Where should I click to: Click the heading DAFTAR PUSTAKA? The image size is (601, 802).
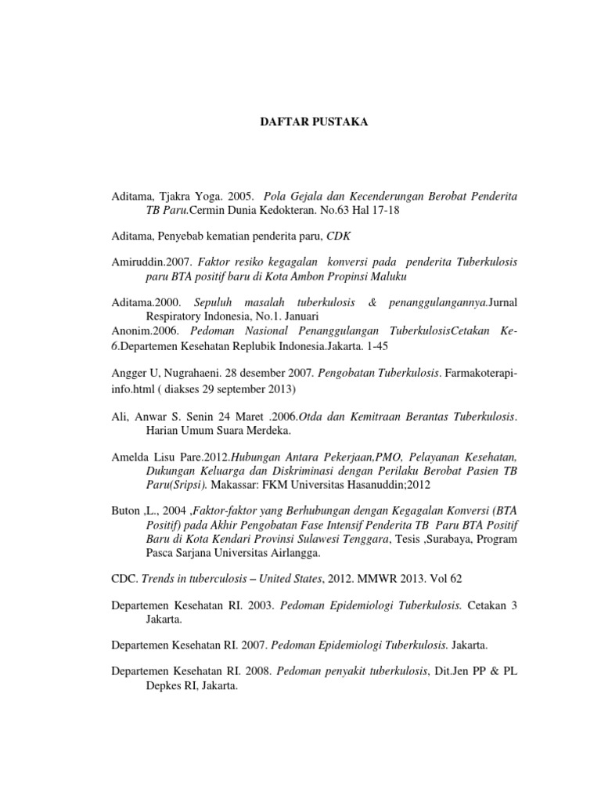point(301,122)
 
